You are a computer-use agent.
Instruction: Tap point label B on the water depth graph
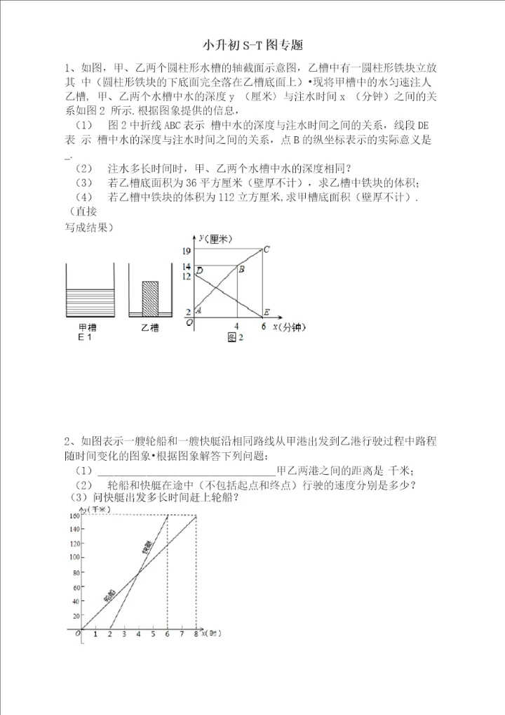click(241, 269)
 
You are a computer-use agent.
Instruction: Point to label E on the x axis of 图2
click(267, 312)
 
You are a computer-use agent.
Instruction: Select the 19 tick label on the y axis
click(187, 251)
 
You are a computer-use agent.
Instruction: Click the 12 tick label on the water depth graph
click(187, 277)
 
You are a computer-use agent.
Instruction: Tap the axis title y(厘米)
click(215, 240)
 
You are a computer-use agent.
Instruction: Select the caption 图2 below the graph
click(235, 338)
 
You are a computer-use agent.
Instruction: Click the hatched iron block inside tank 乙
click(150, 299)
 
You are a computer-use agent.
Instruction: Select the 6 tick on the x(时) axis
click(167, 635)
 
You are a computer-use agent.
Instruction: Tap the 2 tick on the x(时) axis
click(110, 635)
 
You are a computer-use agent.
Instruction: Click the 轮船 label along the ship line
click(109, 596)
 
